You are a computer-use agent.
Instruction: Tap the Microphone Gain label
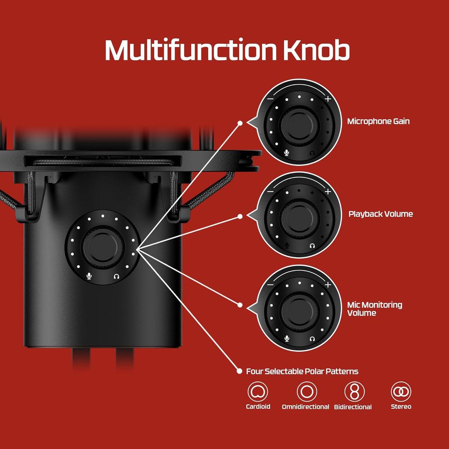pos(378,121)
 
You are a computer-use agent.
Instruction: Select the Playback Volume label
pos(380,214)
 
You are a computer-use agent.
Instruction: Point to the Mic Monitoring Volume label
pos(374,309)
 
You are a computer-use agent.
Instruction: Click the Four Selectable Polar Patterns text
pos(302,371)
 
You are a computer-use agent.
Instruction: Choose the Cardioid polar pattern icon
pos(258,392)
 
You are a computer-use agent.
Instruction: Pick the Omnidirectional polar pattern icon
pos(306,392)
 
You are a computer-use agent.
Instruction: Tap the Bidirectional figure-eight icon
pos(354,392)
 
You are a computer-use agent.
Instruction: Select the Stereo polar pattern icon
pos(401,392)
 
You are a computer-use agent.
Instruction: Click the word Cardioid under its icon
pos(258,407)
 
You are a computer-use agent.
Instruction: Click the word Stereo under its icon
pos(401,407)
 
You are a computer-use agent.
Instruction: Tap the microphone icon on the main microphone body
pos(89,276)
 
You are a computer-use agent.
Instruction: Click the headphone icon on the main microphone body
pos(116,276)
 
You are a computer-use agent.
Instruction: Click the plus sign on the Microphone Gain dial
pos(328,99)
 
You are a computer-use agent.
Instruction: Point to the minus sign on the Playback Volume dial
pos(270,192)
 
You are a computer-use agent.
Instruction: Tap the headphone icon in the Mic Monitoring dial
pos(312,339)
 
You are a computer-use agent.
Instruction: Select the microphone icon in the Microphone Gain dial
pos(287,153)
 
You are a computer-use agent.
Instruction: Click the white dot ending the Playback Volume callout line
pos(240,216)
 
